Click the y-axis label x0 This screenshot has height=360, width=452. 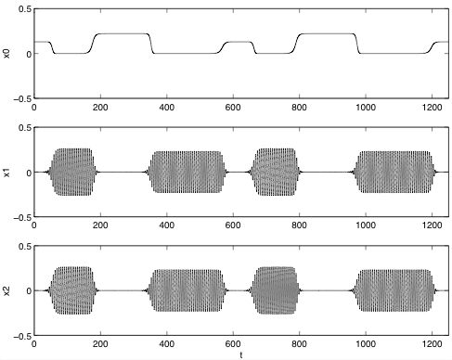6,54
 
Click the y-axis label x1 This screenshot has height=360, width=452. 6,173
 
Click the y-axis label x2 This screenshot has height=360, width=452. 6,291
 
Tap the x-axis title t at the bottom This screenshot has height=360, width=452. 241,355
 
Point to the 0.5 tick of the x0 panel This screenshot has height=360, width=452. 25,9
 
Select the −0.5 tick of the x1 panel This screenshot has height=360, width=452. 22,217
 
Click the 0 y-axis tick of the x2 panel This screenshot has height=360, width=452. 29,291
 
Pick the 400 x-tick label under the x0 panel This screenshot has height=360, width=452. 167,108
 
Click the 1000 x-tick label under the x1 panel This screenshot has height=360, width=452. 366,225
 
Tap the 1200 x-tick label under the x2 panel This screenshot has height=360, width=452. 432,344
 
